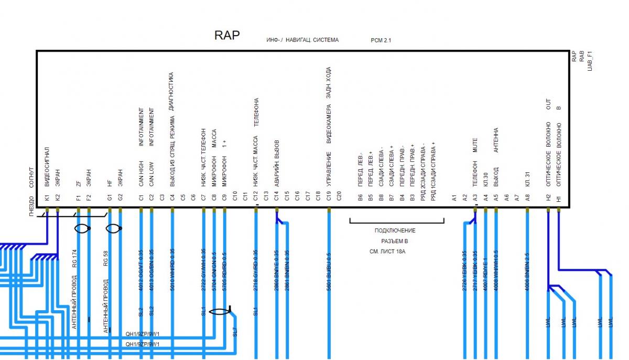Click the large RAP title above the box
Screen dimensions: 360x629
227,36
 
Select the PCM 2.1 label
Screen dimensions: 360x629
381,40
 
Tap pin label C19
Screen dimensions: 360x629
329,198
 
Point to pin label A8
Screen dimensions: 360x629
527,198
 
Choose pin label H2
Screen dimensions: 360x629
548,198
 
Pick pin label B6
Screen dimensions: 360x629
360,198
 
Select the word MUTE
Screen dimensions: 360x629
475,149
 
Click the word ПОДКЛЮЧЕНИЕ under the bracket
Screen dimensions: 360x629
395,231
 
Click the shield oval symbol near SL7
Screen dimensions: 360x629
219,311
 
